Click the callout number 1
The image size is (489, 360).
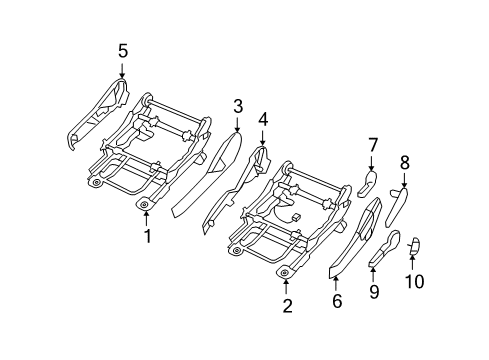tap(146, 237)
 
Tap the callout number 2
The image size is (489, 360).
tap(287, 307)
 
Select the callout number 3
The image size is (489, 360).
tap(238, 106)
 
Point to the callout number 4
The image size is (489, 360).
tap(263, 119)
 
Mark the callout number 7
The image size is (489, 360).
tap(372, 146)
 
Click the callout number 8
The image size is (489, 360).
tap(404, 162)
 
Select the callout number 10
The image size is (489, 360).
tap(414, 282)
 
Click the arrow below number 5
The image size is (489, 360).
tap(122, 70)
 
